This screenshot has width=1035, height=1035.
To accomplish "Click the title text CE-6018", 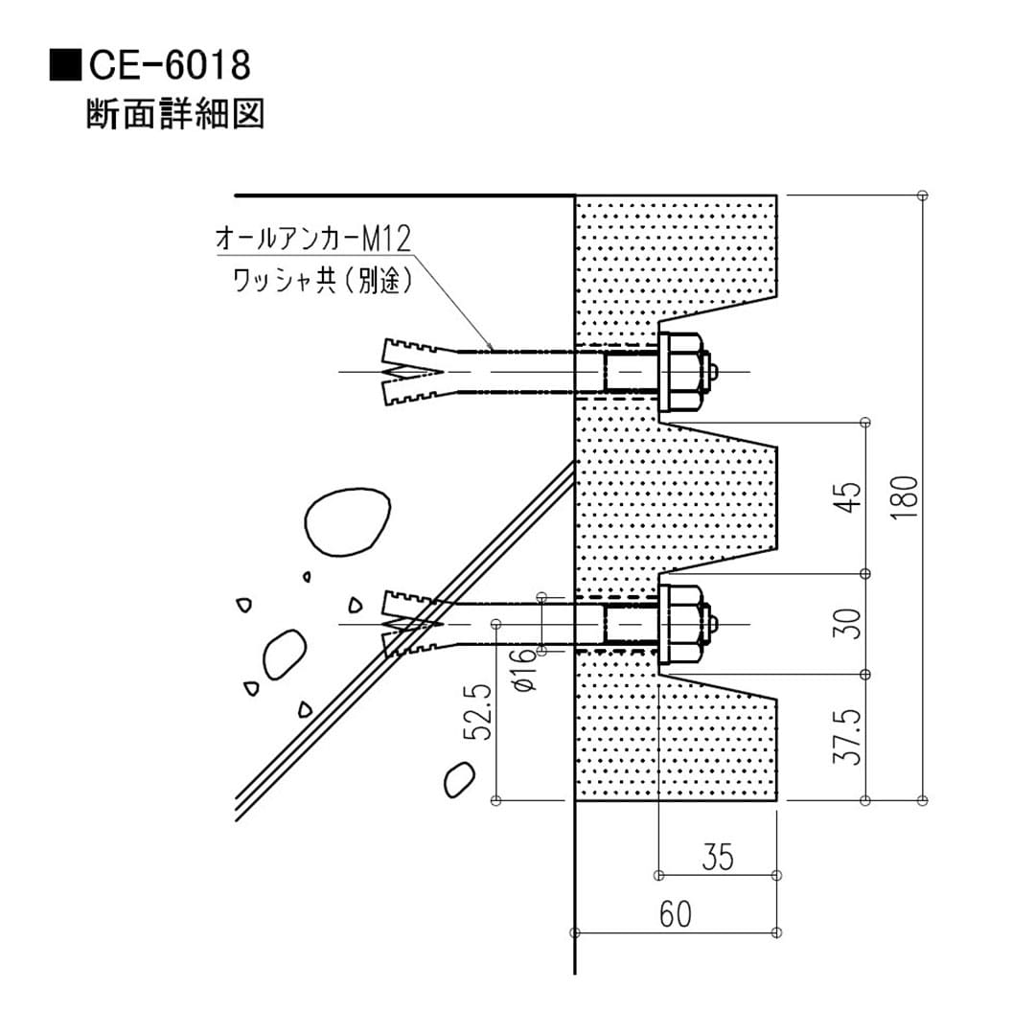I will point(170,66).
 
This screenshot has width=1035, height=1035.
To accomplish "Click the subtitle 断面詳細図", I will point(174,113).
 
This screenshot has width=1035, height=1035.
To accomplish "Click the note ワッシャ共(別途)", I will point(322,280).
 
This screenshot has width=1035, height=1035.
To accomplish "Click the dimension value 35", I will point(717,856).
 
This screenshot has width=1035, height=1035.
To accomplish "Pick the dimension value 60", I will point(675,914).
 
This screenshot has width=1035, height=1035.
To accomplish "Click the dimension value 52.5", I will point(479,712).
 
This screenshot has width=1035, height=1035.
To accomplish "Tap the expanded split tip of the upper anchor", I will point(407,371).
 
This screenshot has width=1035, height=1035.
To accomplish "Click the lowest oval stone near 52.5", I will point(459,780).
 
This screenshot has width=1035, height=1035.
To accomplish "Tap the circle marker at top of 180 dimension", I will point(922,195).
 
